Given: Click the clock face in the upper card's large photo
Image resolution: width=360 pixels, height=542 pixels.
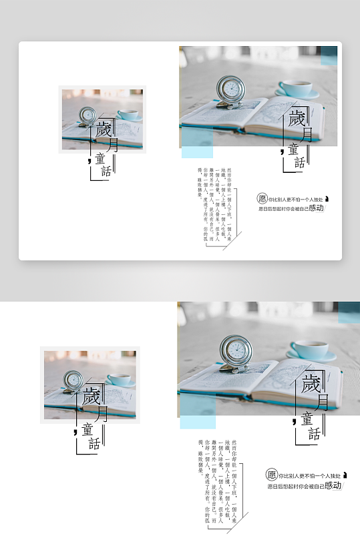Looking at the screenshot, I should [230, 89].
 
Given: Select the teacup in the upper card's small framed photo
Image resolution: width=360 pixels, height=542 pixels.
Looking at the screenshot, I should [130, 115].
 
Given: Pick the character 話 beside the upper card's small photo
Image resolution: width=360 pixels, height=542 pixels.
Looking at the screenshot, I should [105, 171].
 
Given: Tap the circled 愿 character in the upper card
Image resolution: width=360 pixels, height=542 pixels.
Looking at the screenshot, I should [262, 198].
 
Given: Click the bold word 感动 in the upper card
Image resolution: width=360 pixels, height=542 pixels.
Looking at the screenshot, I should [317, 208].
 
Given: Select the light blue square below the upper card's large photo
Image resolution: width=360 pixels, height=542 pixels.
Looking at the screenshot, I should [197, 142].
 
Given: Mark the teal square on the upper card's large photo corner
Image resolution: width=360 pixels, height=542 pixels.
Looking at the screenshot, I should [329, 55].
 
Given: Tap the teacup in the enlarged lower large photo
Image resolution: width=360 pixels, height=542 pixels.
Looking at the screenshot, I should [311, 349].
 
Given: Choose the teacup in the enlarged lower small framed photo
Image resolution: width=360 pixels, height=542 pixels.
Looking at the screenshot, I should [120, 380].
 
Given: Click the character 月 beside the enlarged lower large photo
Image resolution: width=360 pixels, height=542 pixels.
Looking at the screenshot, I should [323, 401].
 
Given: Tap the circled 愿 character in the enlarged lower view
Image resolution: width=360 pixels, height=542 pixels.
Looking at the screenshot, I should [271, 475].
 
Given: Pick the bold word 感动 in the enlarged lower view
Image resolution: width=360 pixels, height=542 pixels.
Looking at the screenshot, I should [333, 485].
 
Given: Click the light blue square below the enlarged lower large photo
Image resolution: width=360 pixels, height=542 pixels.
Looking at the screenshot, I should [198, 410].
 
